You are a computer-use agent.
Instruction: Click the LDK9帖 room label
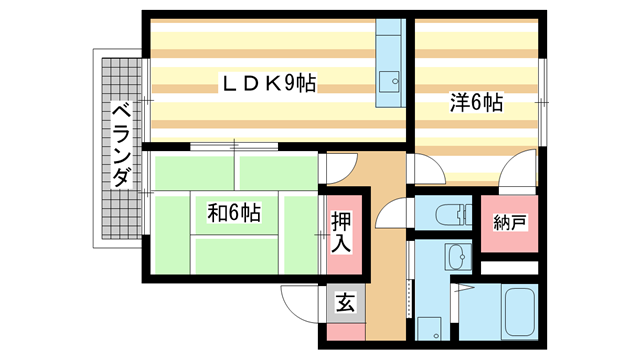pyautogui.click(x=268, y=85)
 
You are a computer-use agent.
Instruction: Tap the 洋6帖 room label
pyautogui.click(x=474, y=103)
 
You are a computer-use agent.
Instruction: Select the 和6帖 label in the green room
pyautogui.click(x=234, y=212)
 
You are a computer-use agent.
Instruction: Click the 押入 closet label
pyautogui.click(x=341, y=231)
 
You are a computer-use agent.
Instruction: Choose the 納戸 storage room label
pyautogui.click(x=509, y=223)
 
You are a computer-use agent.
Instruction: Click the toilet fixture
pyautogui.click(x=454, y=214)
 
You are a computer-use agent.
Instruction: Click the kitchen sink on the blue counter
pyautogui.click(x=388, y=77)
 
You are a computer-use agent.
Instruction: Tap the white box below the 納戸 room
pyautogui.click(x=510, y=267)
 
